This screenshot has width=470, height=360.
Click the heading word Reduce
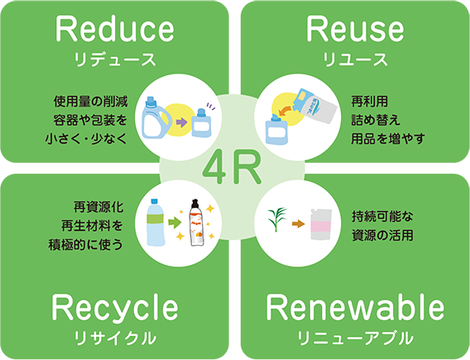114,29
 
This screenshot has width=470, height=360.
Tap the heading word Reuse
355,29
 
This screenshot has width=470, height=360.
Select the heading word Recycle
115,309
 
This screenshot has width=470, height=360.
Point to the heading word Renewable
355,307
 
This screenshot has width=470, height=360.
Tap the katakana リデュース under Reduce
115,60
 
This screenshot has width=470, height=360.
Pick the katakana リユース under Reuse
355,60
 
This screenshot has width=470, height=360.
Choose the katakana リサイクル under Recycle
115,338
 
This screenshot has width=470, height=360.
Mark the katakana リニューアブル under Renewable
355,338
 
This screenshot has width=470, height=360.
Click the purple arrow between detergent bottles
182,122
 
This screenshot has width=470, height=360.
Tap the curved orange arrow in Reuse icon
286,110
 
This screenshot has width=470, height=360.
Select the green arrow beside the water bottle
175,223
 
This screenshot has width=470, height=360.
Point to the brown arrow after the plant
298,223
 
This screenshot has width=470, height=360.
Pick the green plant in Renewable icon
276,219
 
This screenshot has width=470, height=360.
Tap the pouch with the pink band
321,224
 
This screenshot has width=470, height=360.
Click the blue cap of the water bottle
155,202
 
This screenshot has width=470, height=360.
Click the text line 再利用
369,102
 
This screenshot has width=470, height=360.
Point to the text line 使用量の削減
90,102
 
